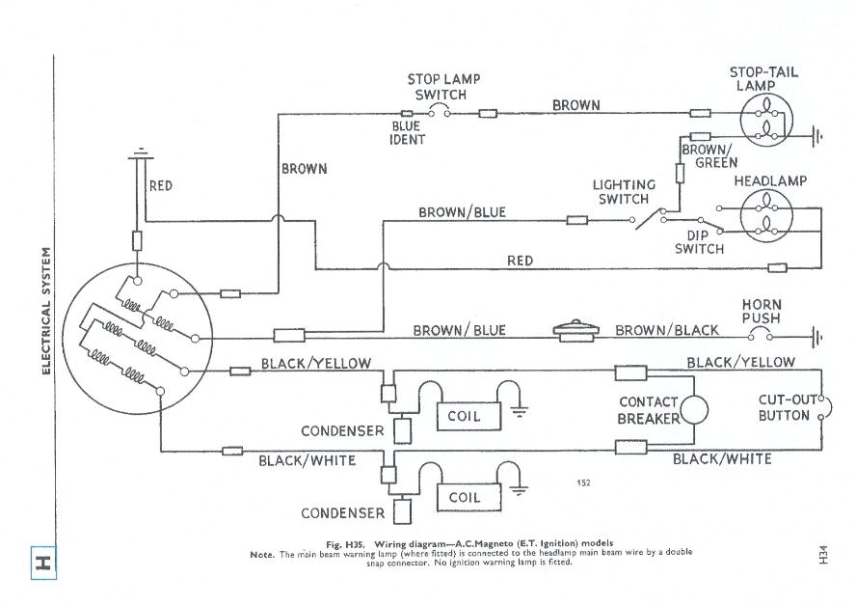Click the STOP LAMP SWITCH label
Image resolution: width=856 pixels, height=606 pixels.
443,87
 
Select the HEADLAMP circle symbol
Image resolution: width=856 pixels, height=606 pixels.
765,215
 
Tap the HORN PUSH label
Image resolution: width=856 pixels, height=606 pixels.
761,311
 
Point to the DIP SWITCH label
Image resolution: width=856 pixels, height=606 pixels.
699,241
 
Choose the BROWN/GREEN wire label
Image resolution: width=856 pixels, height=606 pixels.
709,156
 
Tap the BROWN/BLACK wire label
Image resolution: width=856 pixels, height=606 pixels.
666,330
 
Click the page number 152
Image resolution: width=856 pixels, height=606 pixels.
583,482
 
